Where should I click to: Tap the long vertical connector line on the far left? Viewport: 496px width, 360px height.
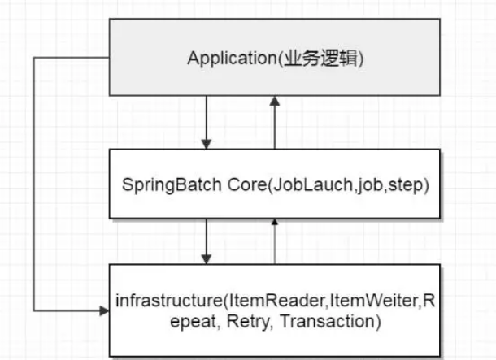[34, 187]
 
